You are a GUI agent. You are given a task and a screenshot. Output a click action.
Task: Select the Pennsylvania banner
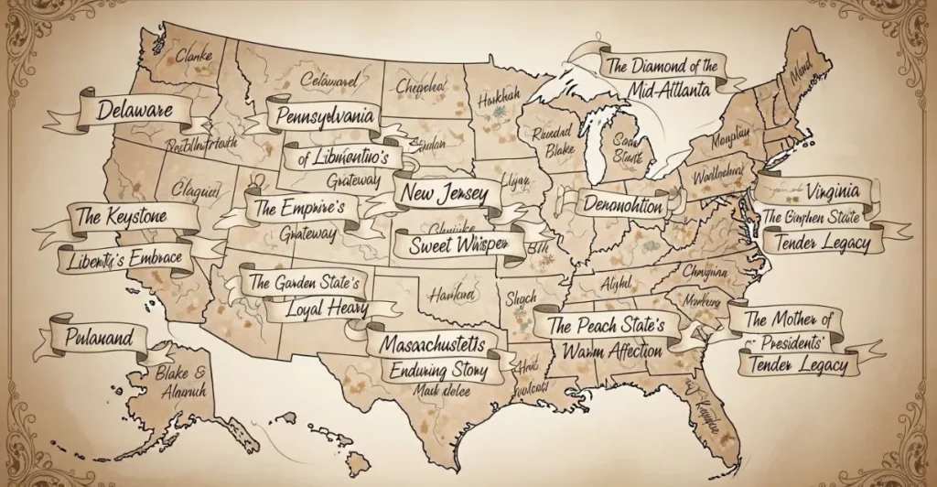tap(324, 118)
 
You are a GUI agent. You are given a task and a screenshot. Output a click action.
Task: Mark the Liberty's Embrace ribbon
tap(125, 259)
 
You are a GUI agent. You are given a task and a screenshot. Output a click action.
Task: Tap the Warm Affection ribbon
tap(613, 351)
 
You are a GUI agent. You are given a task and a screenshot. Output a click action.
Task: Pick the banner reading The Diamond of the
tap(662, 66)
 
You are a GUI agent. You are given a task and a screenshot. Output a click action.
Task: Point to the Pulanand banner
tap(99, 335)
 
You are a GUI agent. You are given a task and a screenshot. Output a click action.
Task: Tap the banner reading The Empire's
tap(299, 207)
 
